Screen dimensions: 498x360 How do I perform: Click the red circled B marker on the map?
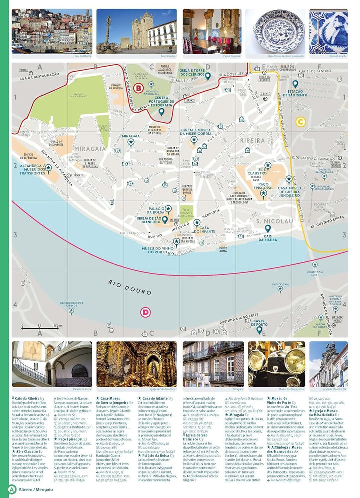[x=139, y=88]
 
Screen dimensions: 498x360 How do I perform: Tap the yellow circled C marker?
[x=300, y=121]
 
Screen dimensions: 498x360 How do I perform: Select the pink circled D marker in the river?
[x=145, y=312]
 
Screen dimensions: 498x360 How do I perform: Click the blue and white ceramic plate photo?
[x=275, y=31]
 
